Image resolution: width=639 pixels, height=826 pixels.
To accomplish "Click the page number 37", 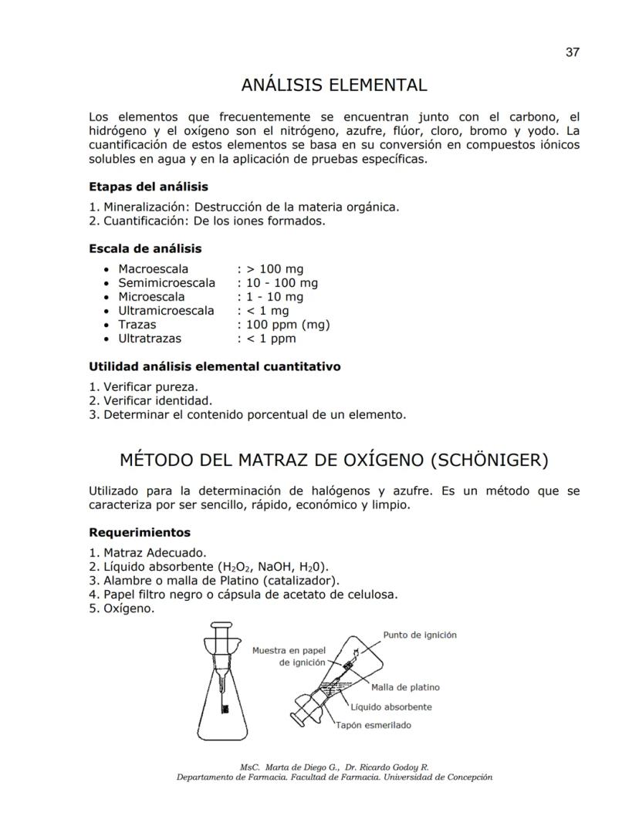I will click(572, 52).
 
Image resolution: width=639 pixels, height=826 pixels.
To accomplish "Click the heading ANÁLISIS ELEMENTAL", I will click(333, 84).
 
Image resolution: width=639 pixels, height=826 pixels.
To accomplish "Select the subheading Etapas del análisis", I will click(148, 187).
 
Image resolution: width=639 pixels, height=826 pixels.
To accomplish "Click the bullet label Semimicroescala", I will click(166, 283).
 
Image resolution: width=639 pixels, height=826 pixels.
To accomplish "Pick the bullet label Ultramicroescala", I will click(166, 311).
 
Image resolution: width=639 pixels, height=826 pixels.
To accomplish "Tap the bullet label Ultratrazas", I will click(150, 339).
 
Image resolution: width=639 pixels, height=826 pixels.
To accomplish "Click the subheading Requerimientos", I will click(140, 532).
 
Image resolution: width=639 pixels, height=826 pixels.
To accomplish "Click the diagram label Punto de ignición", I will click(419, 635).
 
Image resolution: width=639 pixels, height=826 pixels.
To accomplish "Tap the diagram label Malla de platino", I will click(405, 688).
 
